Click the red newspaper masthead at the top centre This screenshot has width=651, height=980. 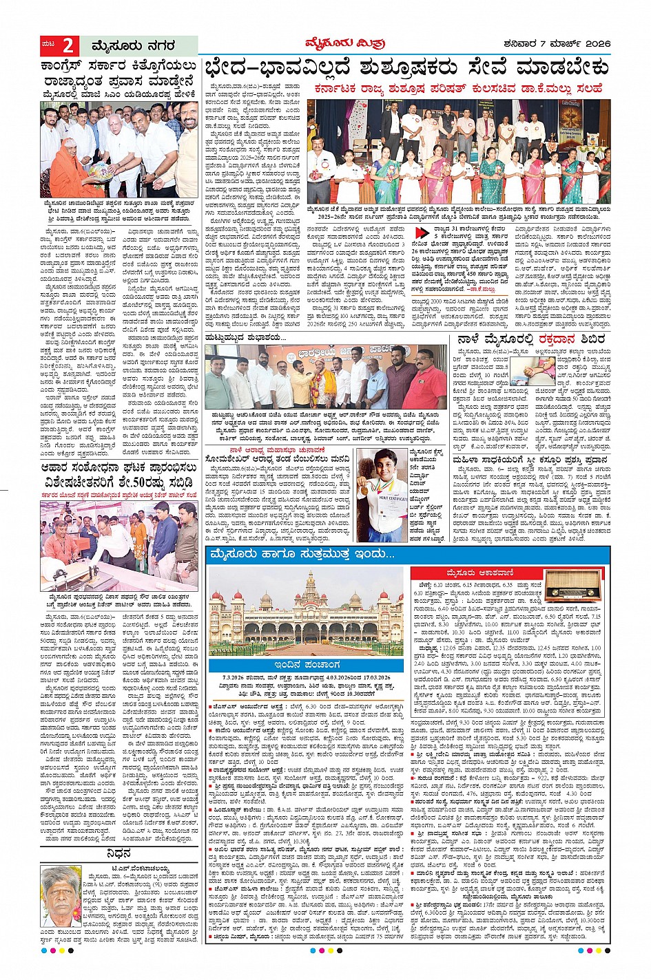coord(344,43)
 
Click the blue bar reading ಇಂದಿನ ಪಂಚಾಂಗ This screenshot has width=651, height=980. coord(306,665)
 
